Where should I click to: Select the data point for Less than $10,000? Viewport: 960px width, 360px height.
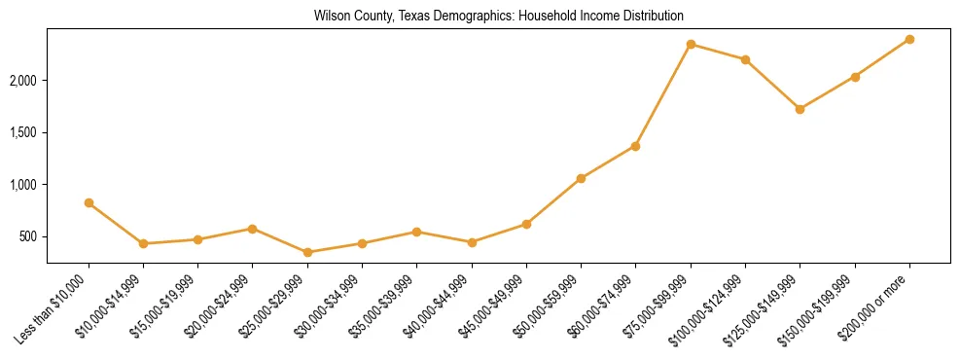tap(89, 202)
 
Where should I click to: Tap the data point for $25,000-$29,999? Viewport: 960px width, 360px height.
tap(307, 252)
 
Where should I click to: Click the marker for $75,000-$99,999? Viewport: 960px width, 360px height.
tap(691, 44)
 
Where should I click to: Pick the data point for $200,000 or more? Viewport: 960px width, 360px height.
tap(909, 39)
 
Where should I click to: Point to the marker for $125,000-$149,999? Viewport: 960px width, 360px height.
tap(800, 109)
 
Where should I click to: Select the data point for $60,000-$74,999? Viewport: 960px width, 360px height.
tap(635, 146)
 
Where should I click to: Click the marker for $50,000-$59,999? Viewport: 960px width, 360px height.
tap(581, 178)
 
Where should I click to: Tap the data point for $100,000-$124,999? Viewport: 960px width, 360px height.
tap(745, 59)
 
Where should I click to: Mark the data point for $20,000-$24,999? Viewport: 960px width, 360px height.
tap(253, 229)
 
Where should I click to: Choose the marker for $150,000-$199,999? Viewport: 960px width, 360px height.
tap(855, 77)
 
